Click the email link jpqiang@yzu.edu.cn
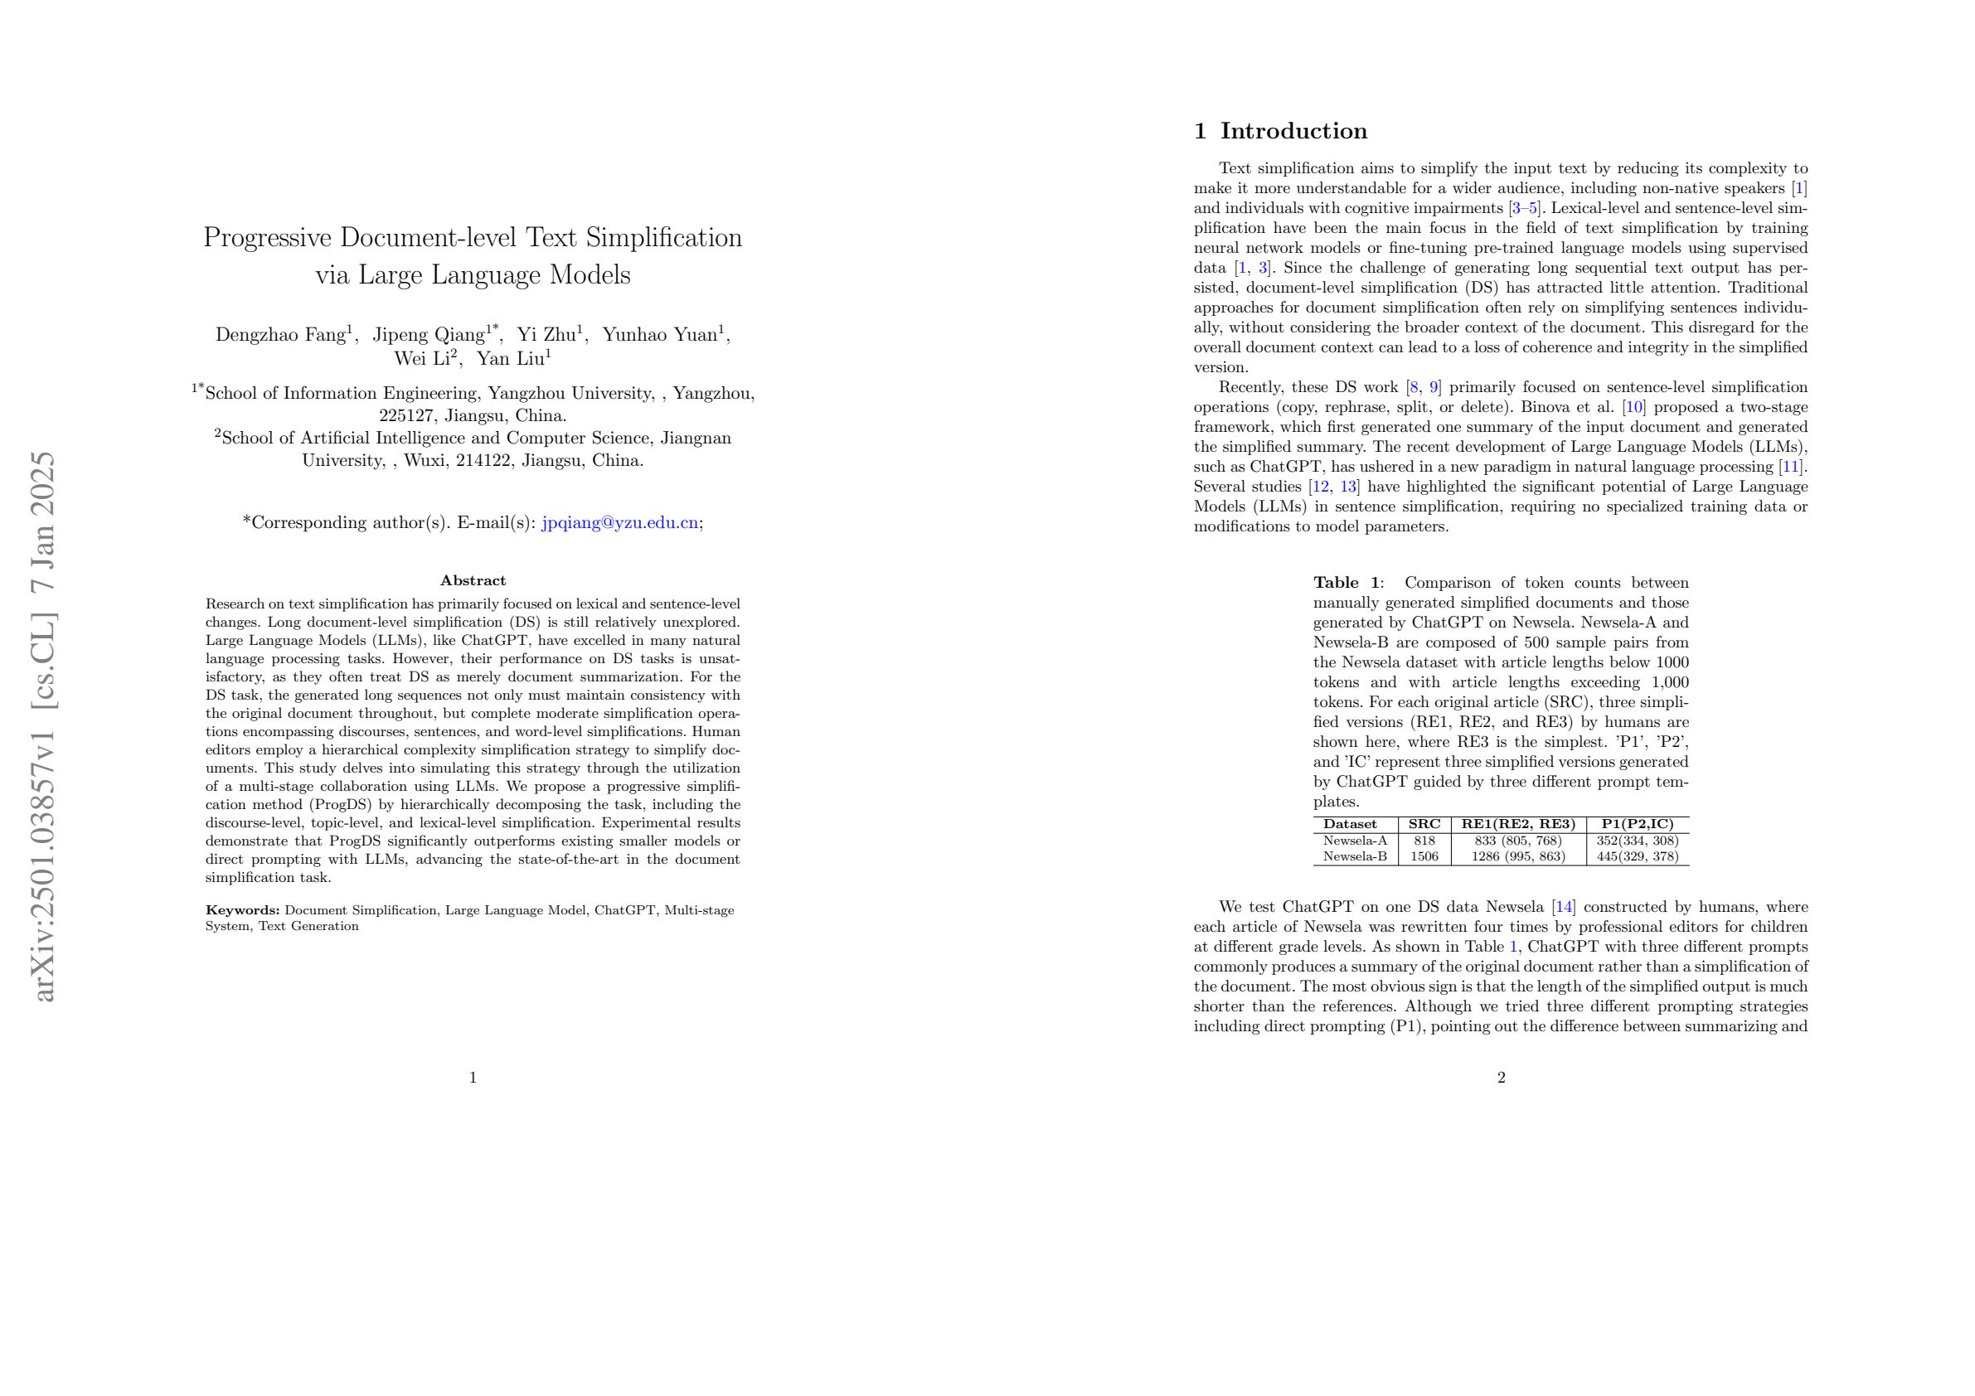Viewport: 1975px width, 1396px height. click(x=619, y=523)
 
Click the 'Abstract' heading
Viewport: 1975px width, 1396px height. click(x=473, y=580)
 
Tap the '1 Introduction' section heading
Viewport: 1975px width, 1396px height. click(x=1280, y=132)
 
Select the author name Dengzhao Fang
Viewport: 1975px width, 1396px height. click(x=280, y=335)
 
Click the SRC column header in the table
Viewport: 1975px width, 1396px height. click(x=1424, y=824)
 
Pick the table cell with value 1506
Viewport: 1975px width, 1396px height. click(x=1424, y=856)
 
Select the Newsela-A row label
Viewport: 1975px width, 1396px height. click(x=1355, y=841)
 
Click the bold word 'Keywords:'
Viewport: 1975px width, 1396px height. click(x=243, y=910)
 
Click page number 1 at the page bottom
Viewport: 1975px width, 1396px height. click(x=473, y=1078)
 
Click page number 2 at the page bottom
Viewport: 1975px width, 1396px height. click(x=1501, y=1078)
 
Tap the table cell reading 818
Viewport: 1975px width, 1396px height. click(x=1424, y=841)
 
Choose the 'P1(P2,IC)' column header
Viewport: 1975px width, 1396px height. click(x=1637, y=824)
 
